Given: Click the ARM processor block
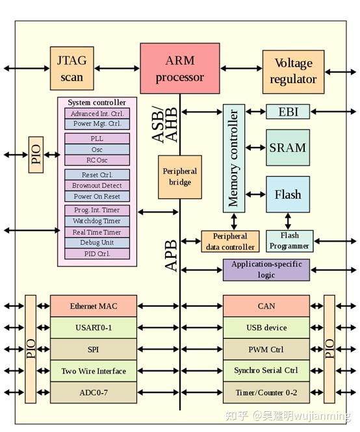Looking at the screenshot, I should tap(175, 69).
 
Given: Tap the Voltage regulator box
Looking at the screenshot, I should tap(293, 71).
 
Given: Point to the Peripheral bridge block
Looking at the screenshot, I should tap(180, 177).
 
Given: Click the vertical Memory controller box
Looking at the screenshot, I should tap(233, 157).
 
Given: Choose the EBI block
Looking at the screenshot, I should tap(288, 112).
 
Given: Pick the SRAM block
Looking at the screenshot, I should tap(287, 147).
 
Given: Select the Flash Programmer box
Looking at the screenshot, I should tap(289, 241).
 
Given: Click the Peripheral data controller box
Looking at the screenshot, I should tap(229, 242).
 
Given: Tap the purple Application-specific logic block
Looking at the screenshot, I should tap(266, 270).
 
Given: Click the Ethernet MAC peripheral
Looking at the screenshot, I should tap(94, 305).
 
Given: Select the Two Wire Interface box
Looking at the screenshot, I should tap(94, 371).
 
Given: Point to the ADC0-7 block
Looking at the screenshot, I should tap(94, 392).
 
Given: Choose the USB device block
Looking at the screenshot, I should tap(266, 327).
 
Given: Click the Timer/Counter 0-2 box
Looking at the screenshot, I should tap(266, 392).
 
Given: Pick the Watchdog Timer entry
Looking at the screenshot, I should tap(97, 221).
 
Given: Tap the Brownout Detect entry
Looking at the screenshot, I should tap(97, 186).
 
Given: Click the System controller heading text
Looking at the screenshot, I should tap(97, 103).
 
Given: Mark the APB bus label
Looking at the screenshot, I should tap(171, 255).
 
